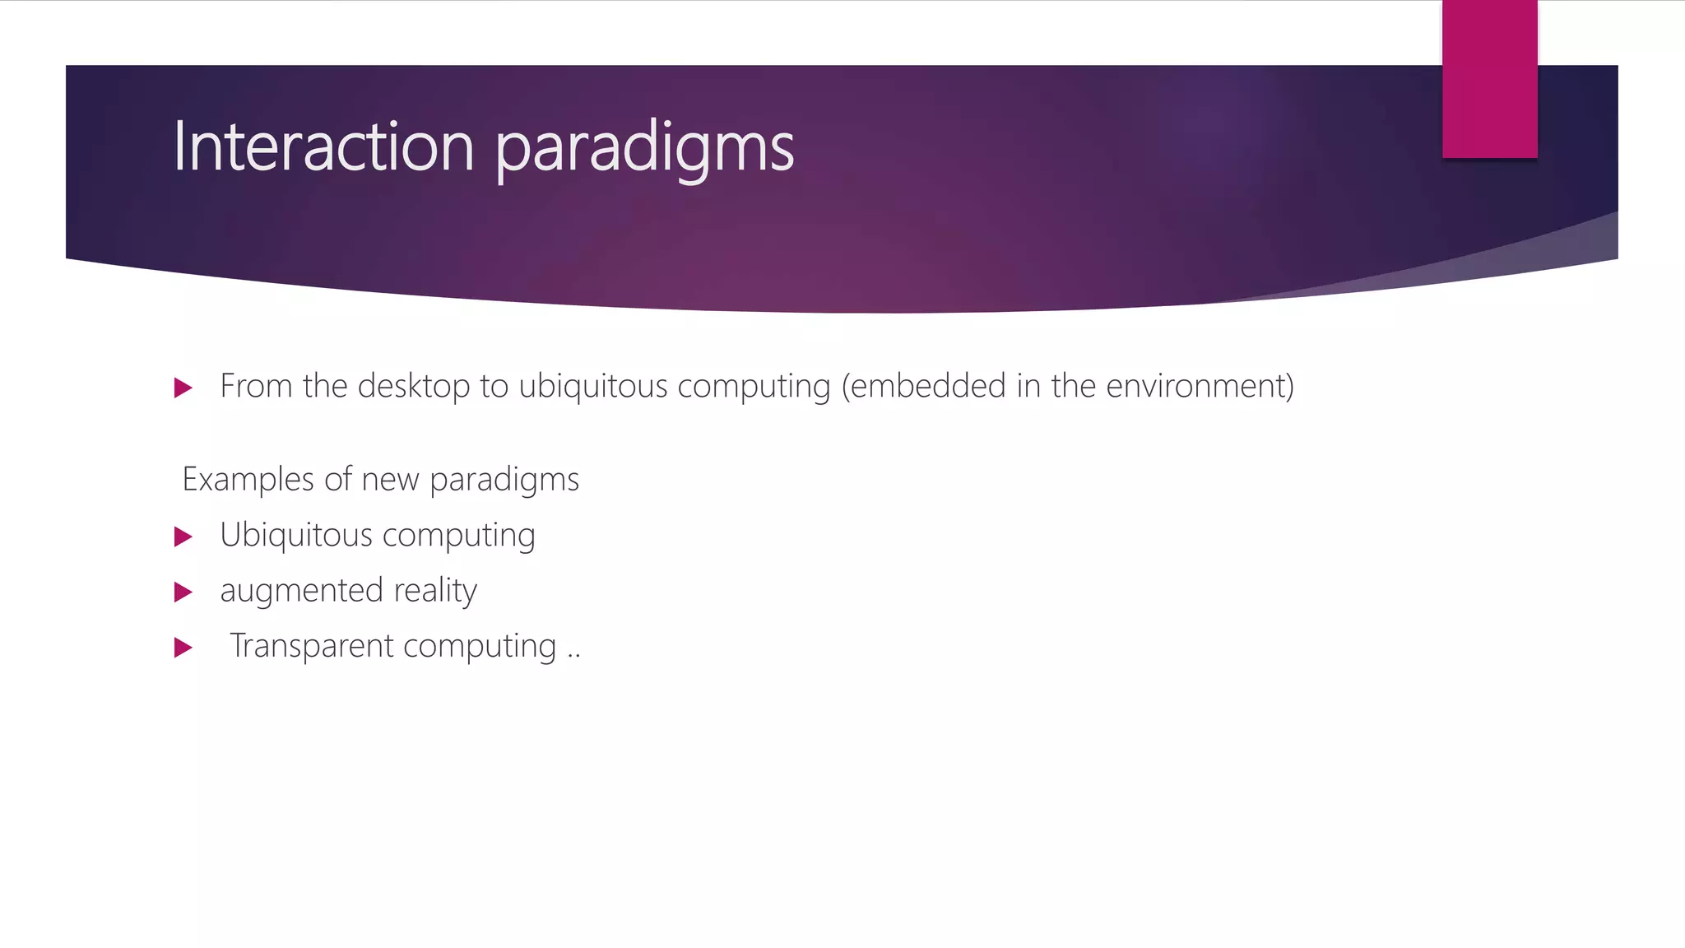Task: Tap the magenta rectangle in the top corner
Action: click(x=1489, y=79)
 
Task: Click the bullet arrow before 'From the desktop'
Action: click(x=183, y=388)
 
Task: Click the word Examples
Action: click(x=248, y=480)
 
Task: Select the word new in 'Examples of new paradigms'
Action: click(x=390, y=480)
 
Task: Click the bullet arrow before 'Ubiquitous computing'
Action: click(x=183, y=537)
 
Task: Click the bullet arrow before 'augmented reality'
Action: click(x=183, y=592)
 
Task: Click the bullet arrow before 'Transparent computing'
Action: click(x=183, y=648)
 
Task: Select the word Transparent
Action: click(x=312, y=646)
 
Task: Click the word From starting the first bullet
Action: click(x=256, y=386)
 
